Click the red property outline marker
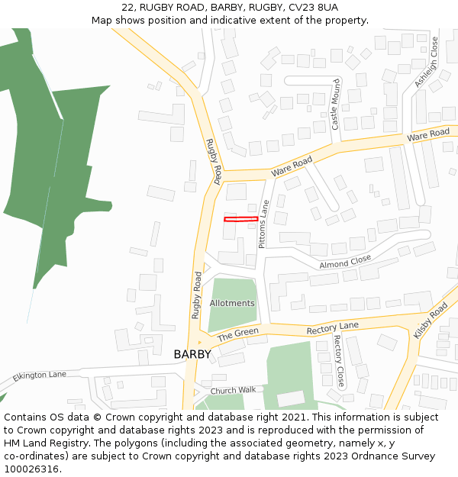[240, 219]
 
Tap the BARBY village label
[192, 354]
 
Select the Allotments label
[232, 303]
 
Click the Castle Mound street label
[335, 104]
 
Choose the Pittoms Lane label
[263, 224]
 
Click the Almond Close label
[345, 262]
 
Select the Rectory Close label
[339, 360]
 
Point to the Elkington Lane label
[40, 375]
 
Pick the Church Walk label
[233, 390]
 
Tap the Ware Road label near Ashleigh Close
[427, 134]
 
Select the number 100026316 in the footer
[31, 469]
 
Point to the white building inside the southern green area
[290, 398]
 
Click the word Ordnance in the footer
[385, 456]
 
